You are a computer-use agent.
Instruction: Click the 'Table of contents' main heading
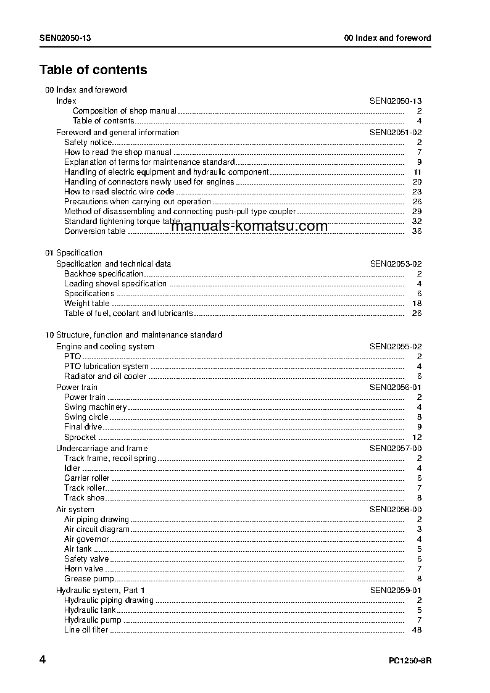[93, 70]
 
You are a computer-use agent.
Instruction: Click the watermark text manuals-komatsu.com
[249, 226]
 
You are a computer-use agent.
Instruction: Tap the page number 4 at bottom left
[43, 660]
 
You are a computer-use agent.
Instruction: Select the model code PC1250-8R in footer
[410, 661]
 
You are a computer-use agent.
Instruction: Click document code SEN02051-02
[396, 132]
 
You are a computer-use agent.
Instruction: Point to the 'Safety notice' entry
[88, 143]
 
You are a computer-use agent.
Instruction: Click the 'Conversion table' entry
[94, 231]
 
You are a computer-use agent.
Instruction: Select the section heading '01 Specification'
[74, 252]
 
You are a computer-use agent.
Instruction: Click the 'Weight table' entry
[86, 304]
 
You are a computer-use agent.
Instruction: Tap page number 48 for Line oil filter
[416, 630]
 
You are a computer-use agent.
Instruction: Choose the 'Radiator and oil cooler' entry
[105, 376]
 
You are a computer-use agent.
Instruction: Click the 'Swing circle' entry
[86, 417]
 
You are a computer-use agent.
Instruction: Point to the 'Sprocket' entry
[80, 438]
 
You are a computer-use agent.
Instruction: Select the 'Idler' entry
[72, 468]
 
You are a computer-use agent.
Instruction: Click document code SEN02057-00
[396, 448]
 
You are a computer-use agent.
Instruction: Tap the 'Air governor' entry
[87, 539]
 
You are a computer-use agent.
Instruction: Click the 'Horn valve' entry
[84, 569]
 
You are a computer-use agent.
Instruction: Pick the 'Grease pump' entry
[89, 579]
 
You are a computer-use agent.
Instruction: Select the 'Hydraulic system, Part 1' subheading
[96, 591]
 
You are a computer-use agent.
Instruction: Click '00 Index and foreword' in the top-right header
[388, 38]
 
